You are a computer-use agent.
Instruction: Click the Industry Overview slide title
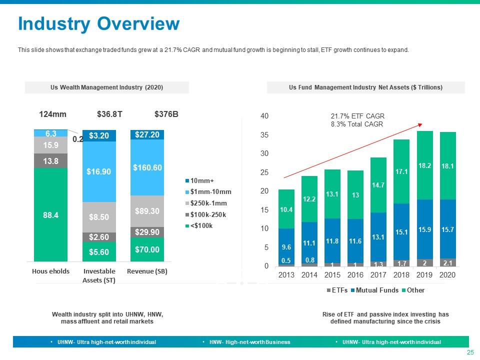pos(98,23)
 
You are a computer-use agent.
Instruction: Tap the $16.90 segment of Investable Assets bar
pos(98,171)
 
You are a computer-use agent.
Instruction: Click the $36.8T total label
pos(109,114)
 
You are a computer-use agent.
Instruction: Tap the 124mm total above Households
pos(52,114)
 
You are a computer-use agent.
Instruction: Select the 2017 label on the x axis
pos(379,275)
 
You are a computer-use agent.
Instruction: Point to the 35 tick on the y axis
pos(265,135)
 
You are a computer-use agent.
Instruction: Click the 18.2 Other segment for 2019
pos(425,165)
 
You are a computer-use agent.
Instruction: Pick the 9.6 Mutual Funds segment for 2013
pos(286,246)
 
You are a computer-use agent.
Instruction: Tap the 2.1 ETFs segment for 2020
pos(448,262)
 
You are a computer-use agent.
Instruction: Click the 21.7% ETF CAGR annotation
pos(357,116)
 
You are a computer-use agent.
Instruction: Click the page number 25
pos(470,353)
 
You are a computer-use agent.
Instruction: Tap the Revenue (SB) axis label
pos(147,271)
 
